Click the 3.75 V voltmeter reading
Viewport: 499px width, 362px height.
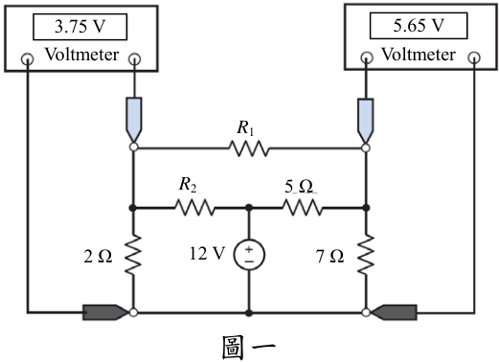coord(79,27)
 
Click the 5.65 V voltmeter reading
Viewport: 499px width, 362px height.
coord(419,25)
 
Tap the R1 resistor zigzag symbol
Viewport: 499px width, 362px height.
coord(249,148)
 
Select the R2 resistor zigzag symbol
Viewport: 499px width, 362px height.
coord(194,208)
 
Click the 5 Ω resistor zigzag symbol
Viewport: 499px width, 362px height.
coord(303,208)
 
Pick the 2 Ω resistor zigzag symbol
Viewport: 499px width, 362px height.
coord(133,255)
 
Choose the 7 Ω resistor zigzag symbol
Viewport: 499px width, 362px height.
coord(366,255)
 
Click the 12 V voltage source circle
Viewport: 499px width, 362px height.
coord(249,255)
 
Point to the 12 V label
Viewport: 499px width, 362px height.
coord(207,254)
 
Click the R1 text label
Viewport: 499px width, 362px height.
coord(245,128)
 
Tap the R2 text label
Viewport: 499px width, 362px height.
coord(188,185)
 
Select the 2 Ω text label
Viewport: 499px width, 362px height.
coord(98,257)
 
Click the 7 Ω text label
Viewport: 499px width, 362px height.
coord(330,257)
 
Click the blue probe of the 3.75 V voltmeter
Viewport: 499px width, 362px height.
coord(134,120)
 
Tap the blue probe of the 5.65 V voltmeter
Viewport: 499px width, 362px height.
coord(366,121)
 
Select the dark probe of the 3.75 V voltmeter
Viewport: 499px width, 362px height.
coord(105,312)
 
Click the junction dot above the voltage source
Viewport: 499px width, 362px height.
coord(249,208)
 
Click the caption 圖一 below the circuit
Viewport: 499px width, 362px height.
coord(248,348)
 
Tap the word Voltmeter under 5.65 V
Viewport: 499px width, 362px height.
coord(419,55)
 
